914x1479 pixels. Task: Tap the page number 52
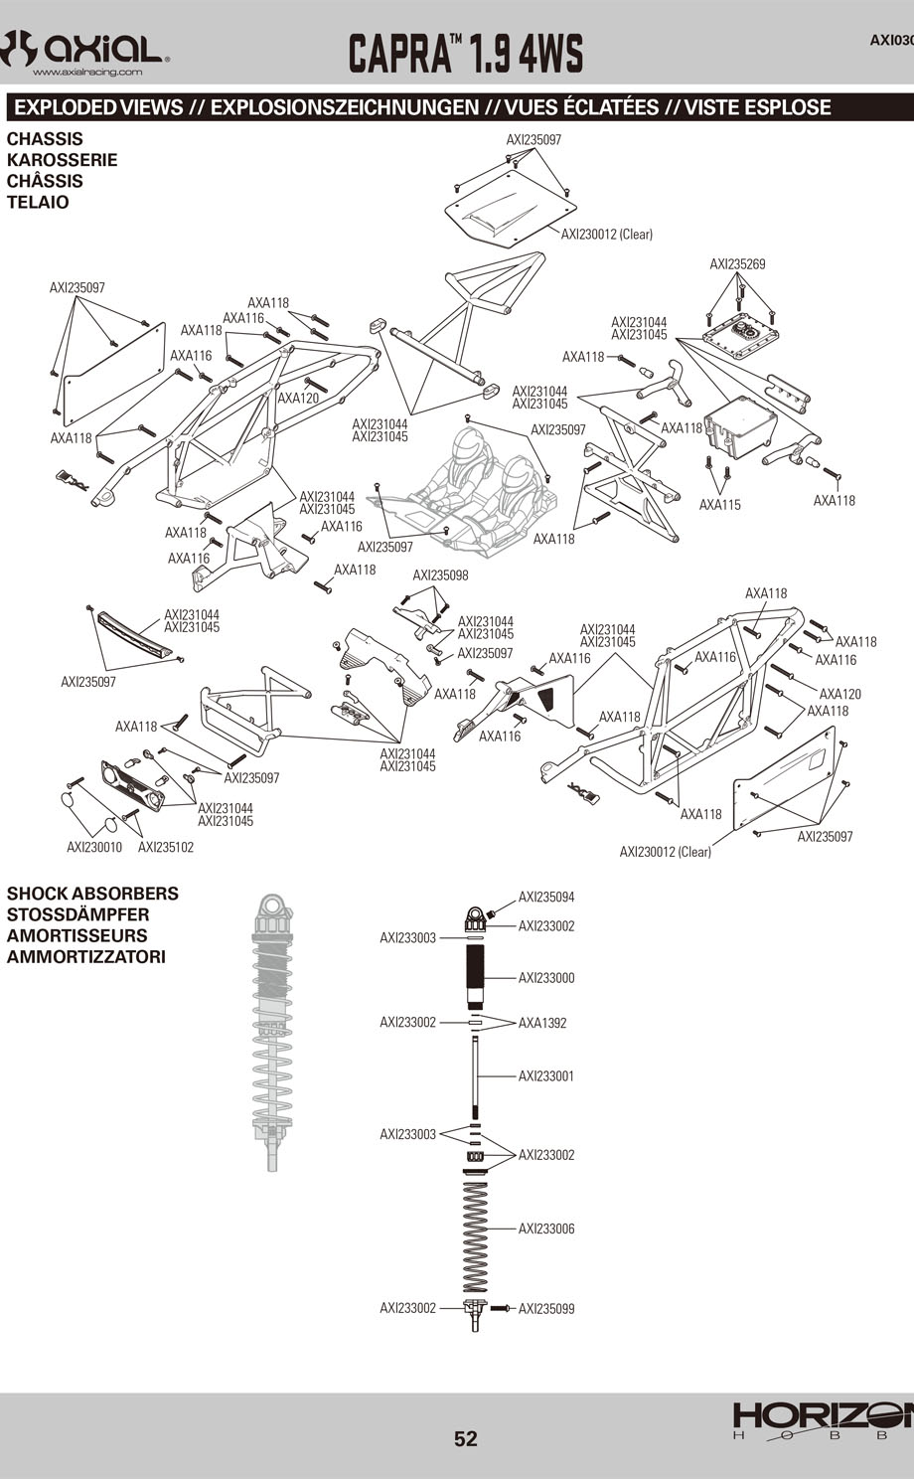(x=466, y=1438)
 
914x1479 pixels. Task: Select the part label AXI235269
(x=737, y=264)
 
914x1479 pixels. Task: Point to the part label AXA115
(x=719, y=505)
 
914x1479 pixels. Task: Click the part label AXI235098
(x=440, y=575)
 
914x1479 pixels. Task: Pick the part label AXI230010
(x=94, y=848)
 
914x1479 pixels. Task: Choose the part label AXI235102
(x=166, y=848)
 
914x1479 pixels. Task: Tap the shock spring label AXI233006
(x=546, y=1230)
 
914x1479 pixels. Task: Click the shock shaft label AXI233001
(x=546, y=1076)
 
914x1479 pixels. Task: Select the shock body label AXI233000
(x=546, y=978)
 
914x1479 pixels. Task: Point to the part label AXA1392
(x=542, y=1023)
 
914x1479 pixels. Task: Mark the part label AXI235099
(x=546, y=1309)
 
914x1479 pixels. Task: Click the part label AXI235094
(x=546, y=898)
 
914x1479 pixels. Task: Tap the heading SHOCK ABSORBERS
(x=92, y=894)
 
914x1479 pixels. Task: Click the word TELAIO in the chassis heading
(x=38, y=203)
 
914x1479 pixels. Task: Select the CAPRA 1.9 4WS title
(x=465, y=53)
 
